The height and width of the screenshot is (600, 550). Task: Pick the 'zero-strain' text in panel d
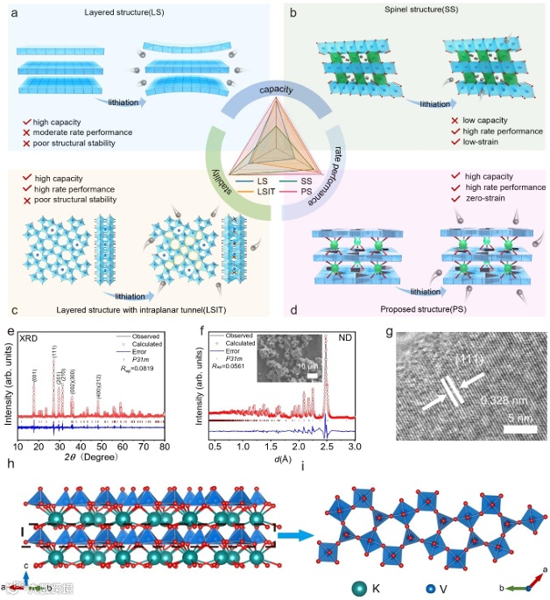click(x=487, y=200)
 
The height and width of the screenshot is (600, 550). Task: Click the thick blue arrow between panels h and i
click(x=303, y=526)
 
